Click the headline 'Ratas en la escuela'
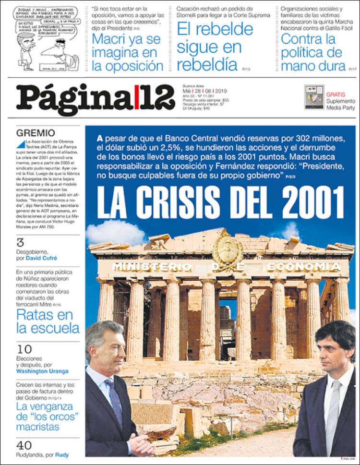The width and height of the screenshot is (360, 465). pyautogui.click(x=48, y=322)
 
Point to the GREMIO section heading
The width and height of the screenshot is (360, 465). pyautogui.click(x=36, y=133)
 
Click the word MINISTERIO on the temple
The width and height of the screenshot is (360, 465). pyautogui.click(x=151, y=267)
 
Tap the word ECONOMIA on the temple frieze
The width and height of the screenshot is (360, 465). pyautogui.click(x=304, y=267)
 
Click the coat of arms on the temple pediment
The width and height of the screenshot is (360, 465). pyautogui.click(x=228, y=250)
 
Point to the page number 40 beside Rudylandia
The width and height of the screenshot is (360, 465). pyautogui.click(x=24, y=445)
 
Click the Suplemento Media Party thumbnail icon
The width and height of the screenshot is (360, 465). pyautogui.click(x=314, y=97)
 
